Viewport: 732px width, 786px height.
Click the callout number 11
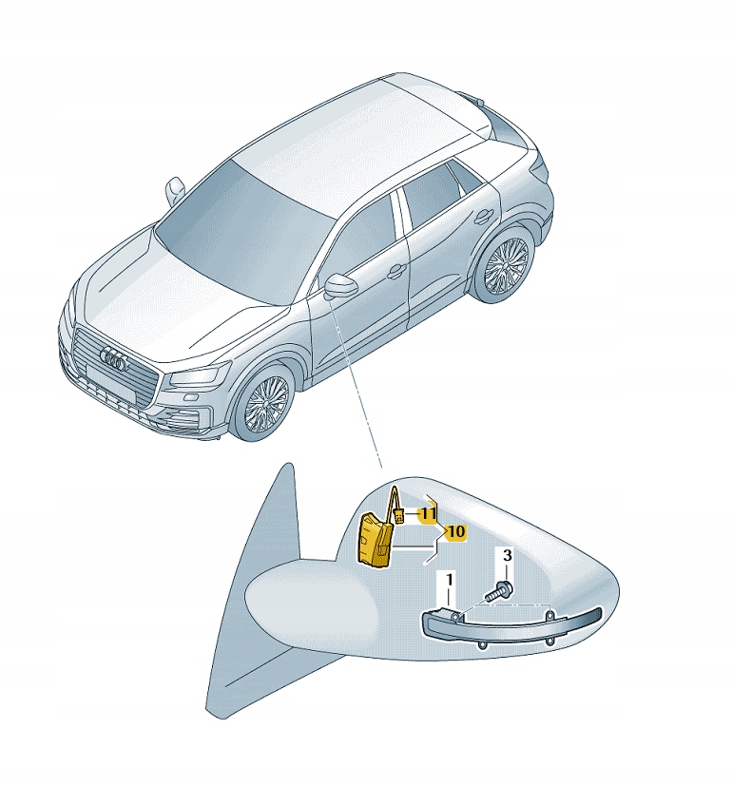tap(428, 514)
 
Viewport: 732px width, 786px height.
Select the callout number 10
tap(455, 532)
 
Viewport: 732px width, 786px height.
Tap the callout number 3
tap(507, 555)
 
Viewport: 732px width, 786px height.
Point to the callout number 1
tap(450, 581)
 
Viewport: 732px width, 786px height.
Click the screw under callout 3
tap(498, 591)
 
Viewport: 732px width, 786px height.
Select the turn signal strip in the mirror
tap(511, 625)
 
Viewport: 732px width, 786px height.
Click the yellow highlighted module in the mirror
tap(374, 541)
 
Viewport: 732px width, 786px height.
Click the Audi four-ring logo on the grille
tap(114, 359)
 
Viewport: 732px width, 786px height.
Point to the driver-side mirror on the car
tap(341, 287)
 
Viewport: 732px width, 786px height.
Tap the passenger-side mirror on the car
tap(175, 189)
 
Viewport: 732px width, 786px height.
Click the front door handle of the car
tap(396, 272)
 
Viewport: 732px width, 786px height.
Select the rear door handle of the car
tap(483, 217)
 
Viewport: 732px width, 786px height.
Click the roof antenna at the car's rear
tap(473, 98)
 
